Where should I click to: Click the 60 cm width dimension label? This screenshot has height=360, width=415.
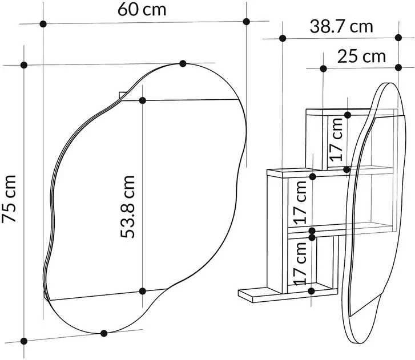142,10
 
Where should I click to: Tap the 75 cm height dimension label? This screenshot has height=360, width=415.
9,199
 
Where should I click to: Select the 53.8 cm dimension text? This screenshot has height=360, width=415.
127,207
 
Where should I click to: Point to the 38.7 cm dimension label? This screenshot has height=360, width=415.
341,26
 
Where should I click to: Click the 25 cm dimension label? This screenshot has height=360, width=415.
361,56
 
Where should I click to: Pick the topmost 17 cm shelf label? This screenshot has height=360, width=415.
336,139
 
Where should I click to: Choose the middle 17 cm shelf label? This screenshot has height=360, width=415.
300,203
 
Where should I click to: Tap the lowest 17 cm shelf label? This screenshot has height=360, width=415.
300,264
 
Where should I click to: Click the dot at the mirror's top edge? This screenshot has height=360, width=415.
183,63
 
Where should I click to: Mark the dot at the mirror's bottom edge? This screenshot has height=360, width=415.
104,333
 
